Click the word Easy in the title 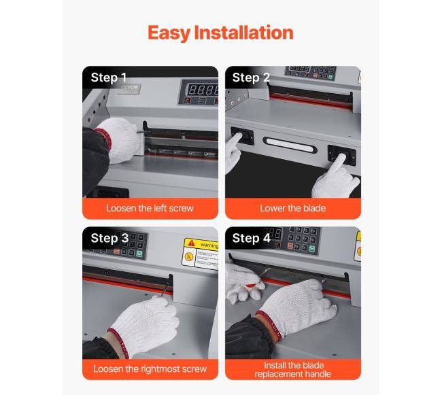click(x=169, y=33)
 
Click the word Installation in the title click(x=244, y=33)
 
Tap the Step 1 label click(x=109, y=78)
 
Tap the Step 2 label click(x=251, y=78)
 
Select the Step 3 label click(x=109, y=239)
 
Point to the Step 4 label click(x=252, y=239)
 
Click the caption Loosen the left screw click(x=150, y=208)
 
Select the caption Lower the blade click(x=293, y=208)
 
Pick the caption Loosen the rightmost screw click(x=150, y=368)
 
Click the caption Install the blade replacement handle click(x=293, y=370)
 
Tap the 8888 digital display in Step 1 click(x=203, y=90)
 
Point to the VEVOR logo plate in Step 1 click(x=130, y=88)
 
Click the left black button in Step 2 click(x=243, y=135)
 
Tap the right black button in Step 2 click(x=341, y=155)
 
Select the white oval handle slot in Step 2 click(x=290, y=145)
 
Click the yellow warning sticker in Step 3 click(x=201, y=254)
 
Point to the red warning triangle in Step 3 click(x=192, y=243)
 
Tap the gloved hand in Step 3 click(x=143, y=326)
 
